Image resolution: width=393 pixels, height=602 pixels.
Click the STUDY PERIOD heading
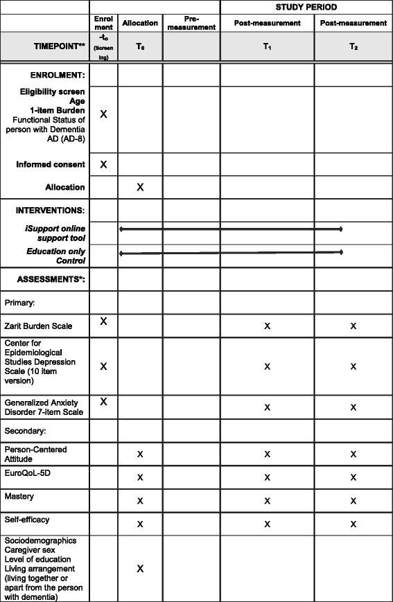click(x=306, y=8)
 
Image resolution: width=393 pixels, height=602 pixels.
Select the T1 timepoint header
click(x=267, y=46)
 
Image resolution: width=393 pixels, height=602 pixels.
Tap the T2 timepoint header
click(x=353, y=46)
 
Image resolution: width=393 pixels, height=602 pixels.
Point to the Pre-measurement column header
click(x=191, y=23)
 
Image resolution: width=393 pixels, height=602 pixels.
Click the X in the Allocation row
click(x=140, y=187)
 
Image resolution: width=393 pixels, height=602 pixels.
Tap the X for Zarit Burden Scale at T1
click(x=267, y=326)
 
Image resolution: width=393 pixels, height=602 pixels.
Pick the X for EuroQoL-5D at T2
click(x=353, y=477)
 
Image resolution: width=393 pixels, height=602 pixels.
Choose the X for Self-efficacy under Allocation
click(x=140, y=524)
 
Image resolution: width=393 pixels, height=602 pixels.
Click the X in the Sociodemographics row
click(x=140, y=568)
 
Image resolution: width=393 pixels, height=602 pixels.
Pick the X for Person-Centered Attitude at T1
click(x=267, y=454)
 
